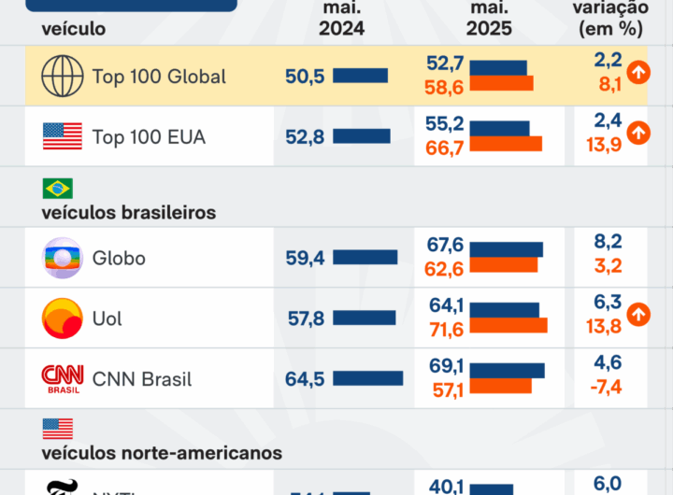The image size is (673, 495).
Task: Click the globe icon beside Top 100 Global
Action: click(x=63, y=76)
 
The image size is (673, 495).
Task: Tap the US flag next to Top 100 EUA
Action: click(x=63, y=136)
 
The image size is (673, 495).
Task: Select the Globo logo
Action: click(x=63, y=258)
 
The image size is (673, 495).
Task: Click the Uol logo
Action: click(x=63, y=318)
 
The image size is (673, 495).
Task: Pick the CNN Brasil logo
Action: click(x=63, y=378)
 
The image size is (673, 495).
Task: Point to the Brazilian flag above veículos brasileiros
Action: click(x=57, y=189)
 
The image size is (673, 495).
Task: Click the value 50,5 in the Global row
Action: click(x=305, y=76)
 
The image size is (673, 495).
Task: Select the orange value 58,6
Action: click(x=445, y=85)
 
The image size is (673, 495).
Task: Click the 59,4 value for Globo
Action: click(x=305, y=258)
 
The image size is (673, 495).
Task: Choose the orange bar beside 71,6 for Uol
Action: click(x=508, y=326)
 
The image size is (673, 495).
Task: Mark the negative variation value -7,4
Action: click(x=607, y=387)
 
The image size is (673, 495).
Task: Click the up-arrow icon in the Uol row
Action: click(x=638, y=315)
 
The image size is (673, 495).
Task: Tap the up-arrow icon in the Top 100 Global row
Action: click(x=638, y=72)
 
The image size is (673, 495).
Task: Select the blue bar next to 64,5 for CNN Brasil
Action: click(x=367, y=378)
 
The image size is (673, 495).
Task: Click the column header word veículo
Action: click(x=73, y=28)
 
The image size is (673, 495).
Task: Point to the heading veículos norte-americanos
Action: click(x=162, y=453)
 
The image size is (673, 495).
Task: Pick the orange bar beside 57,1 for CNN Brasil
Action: click(x=500, y=387)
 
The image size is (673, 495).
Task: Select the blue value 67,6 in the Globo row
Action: click(x=445, y=246)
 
